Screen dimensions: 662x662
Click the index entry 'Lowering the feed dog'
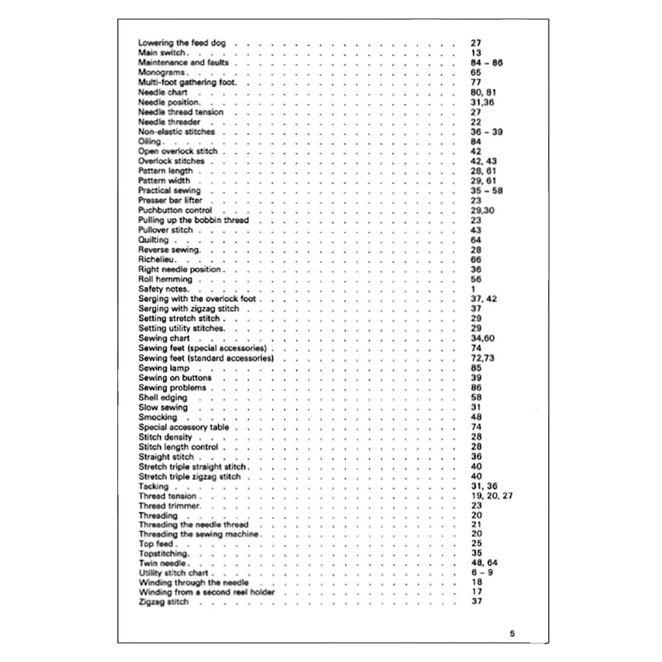point(181,43)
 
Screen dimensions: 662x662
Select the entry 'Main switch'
point(162,53)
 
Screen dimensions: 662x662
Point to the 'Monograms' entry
point(162,72)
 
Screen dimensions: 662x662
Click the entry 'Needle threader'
point(169,122)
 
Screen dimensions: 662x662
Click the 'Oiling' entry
point(150,142)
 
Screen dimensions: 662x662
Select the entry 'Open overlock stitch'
point(177,152)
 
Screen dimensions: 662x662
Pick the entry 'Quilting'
point(154,240)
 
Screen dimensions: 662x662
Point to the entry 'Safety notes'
point(164,289)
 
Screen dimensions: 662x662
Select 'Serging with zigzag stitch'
point(189,308)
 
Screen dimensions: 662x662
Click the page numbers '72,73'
point(482,358)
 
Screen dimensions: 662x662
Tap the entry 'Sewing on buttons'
point(175,378)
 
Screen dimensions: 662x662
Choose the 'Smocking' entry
point(158,417)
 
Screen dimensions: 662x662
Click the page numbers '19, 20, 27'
point(491,496)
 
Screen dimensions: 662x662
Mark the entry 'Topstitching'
point(164,553)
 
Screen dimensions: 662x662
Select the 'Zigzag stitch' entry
point(163,602)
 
